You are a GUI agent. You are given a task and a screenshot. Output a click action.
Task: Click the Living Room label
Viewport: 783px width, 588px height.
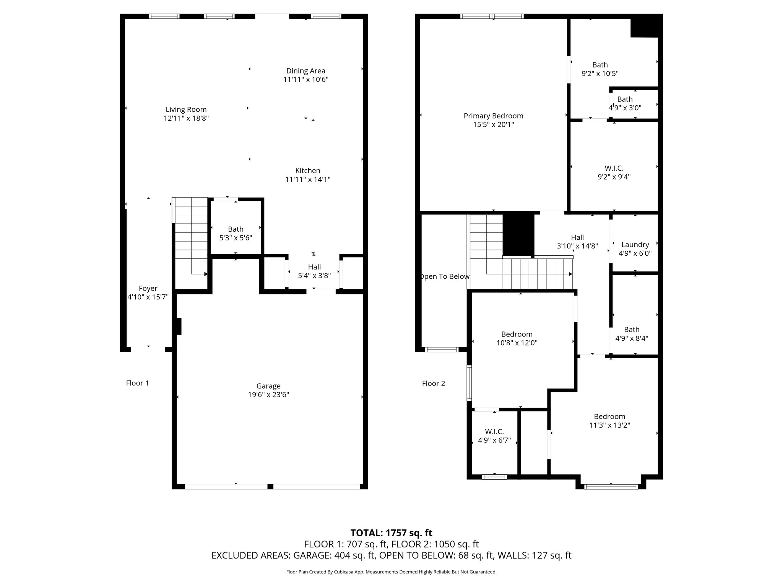point(186,109)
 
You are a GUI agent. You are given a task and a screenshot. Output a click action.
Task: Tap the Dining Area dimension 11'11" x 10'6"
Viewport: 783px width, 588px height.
point(306,80)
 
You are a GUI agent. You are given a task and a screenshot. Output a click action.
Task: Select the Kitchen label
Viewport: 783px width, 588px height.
point(308,171)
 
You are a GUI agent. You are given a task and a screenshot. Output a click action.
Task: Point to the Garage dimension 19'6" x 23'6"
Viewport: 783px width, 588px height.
point(268,395)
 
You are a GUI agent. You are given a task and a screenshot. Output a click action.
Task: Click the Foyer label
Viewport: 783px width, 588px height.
point(148,289)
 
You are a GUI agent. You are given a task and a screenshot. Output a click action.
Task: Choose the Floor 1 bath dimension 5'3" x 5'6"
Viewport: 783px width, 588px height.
point(236,238)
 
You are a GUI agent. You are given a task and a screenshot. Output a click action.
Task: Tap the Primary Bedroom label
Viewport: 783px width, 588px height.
point(494,116)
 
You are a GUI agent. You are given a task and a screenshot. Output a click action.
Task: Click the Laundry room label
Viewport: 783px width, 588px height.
point(635,245)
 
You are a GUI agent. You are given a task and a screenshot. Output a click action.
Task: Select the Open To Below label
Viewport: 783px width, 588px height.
point(444,276)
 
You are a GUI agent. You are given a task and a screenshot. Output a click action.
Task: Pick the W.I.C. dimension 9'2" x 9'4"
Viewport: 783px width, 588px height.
point(614,177)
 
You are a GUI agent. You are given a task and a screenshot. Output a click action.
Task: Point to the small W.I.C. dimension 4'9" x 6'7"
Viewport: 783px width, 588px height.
point(494,440)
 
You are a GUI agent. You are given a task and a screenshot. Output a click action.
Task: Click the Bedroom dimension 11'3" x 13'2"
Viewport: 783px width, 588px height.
point(609,425)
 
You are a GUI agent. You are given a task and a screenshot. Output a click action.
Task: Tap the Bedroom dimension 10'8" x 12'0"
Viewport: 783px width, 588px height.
point(517,343)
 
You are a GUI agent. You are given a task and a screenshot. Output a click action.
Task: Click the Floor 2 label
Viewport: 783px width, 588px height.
point(434,383)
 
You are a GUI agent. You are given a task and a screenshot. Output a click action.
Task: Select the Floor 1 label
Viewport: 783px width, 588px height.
point(137,383)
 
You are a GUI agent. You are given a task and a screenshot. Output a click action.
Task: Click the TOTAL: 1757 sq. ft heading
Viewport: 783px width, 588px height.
point(391,533)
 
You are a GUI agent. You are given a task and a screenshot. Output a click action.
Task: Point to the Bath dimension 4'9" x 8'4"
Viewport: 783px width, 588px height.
point(632,338)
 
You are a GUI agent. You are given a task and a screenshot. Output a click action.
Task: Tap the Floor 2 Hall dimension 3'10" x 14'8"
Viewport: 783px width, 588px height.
point(577,246)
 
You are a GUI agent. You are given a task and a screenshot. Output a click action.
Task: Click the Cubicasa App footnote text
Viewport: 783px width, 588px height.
point(391,572)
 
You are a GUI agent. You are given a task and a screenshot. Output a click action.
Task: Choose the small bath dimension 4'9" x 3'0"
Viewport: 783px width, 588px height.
point(625,108)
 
